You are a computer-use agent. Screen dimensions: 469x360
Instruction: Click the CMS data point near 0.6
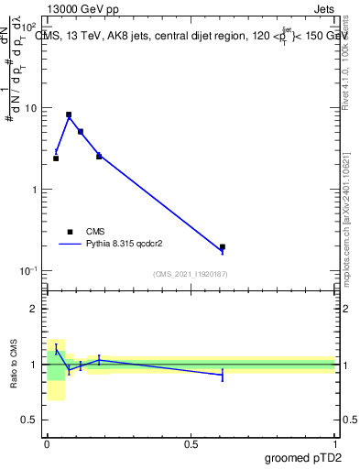pyautogui.click(x=223, y=247)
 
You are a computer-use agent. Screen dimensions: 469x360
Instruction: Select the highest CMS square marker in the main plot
pyautogui.click(x=69, y=115)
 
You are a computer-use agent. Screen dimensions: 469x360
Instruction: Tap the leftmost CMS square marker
pyautogui.click(x=56, y=158)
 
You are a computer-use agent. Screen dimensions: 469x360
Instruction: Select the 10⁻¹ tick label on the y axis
pyautogui.click(x=29, y=271)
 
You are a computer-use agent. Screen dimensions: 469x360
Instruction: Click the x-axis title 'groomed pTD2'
pyautogui.click(x=304, y=457)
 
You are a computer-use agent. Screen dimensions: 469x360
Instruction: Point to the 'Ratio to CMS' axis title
pyautogui.click(x=16, y=364)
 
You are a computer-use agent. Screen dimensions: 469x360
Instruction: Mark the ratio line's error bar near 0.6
pyautogui.click(x=223, y=375)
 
